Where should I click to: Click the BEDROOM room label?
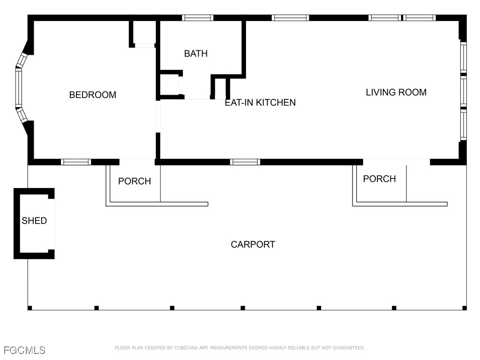pyautogui.click(x=92, y=95)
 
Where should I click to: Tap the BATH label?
pyautogui.click(x=195, y=53)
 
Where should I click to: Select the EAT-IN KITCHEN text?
pyautogui.click(x=260, y=102)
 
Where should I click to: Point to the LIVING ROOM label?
pyautogui.click(x=396, y=92)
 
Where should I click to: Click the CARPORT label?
pyautogui.click(x=253, y=244)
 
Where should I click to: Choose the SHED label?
pyautogui.click(x=34, y=220)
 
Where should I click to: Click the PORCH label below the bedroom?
pyautogui.click(x=135, y=181)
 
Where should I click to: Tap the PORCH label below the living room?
pyautogui.click(x=379, y=179)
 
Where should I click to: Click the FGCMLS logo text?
pyautogui.click(x=24, y=350)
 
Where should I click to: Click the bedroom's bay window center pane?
pyautogui.click(x=19, y=88)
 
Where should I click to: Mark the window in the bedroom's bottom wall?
pyautogui.click(x=76, y=162)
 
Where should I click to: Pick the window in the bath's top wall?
pyautogui.click(x=197, y=18)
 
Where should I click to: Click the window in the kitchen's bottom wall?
pyautogui.click(x=245, y=162)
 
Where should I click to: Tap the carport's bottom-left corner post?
pyautogui.click(x=30, y=308)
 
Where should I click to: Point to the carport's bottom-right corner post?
pyautogui.click(x=464, y=308)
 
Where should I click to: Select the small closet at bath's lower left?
pyautogui.click(x=169, y=85)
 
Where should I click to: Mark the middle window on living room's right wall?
pyautogui.click(x=463, y=91)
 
